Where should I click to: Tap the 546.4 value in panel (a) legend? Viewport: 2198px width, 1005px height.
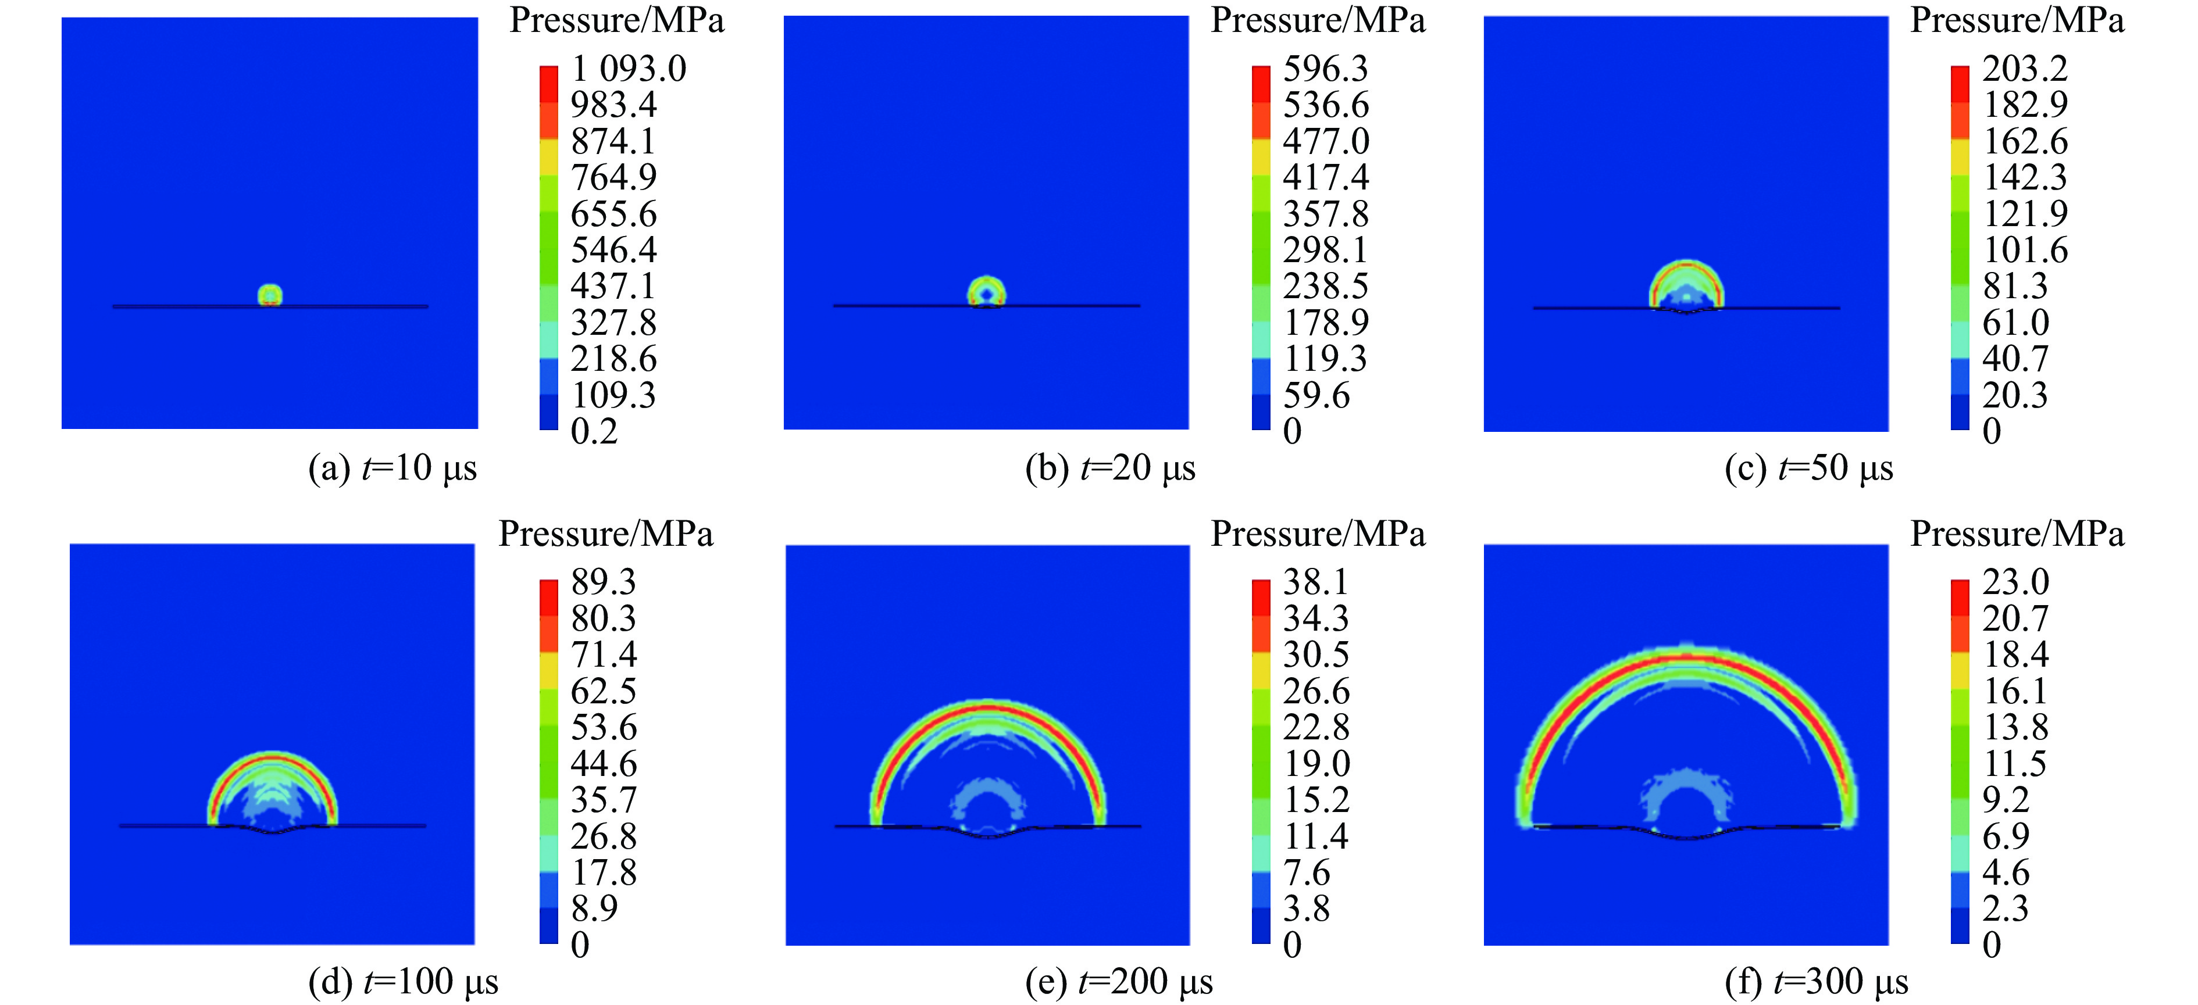click(x=613, y=250)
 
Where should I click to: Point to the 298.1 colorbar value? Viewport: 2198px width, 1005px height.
click(x=1325, y=250)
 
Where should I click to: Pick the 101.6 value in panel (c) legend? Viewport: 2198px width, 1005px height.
click(x=2025, y=250)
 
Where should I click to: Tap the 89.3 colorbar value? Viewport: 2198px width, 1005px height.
click(x=603, y=582)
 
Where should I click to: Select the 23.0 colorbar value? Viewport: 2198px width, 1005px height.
click(x=2015, y=582)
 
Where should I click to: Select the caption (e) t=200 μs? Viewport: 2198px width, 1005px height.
click(x=1119, y=982)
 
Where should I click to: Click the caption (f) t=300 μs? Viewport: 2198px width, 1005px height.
click(x=1817, y=982)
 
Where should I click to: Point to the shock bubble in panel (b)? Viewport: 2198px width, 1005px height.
click(x=986, y=292)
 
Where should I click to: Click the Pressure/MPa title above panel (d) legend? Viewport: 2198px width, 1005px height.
click(x=606, y=535)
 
